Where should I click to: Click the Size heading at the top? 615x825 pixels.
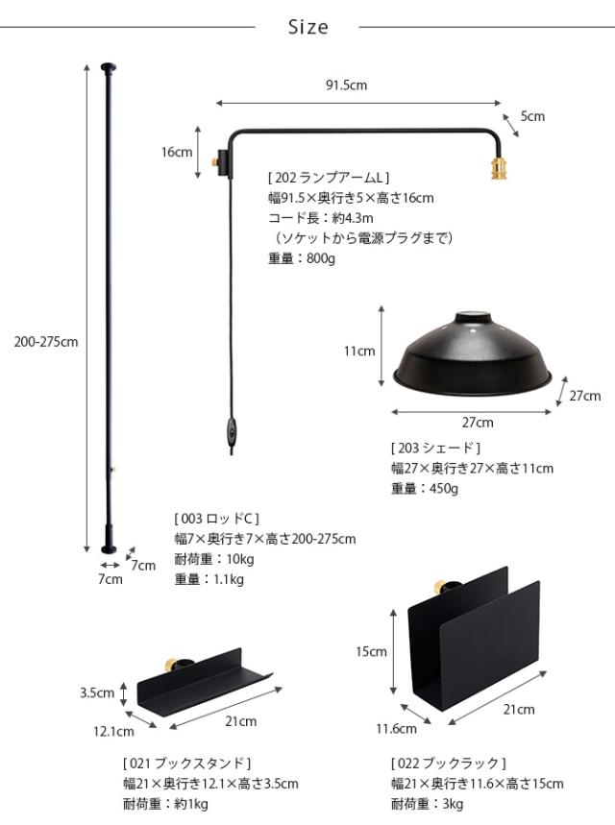point(307,28)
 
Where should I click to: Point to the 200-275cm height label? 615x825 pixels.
point(46,341)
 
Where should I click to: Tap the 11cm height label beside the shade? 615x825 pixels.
point(359,351)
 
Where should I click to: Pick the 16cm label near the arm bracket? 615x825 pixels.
point(177,151)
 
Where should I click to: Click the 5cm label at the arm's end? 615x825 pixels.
point(532,116)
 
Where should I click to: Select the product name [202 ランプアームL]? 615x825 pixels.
point(329,178)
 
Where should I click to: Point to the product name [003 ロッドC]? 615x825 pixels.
point(217,519)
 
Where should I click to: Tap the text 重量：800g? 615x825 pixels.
point(300,258)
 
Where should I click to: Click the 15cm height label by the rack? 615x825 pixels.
point(371,652)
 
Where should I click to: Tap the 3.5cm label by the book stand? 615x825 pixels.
point(98,692)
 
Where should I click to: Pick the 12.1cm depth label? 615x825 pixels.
point(113,732)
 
